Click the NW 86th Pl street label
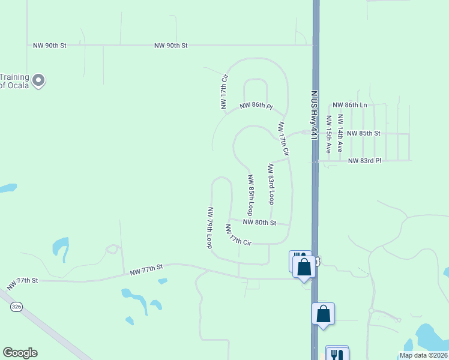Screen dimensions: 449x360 click(256, 106)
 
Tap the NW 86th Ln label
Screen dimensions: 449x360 click(349, 105)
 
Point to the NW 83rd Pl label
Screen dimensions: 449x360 click(364, 160)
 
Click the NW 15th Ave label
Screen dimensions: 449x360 click(328, 134)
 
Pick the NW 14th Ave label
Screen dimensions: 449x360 click(340, 133)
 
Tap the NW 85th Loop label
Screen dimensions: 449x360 click(250, 195)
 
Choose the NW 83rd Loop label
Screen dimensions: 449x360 click(271, 182)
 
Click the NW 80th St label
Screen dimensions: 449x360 click(259, 223)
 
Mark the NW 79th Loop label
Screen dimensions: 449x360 click(209, 227)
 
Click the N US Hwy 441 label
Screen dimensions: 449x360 click(313, 115)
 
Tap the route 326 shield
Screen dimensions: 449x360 click(16, 307)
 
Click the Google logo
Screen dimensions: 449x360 click(20, 353)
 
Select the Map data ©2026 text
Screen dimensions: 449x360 click(423, 355)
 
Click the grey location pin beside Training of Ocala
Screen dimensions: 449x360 click(38, 80)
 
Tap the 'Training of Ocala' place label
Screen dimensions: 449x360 click(14, 80)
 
